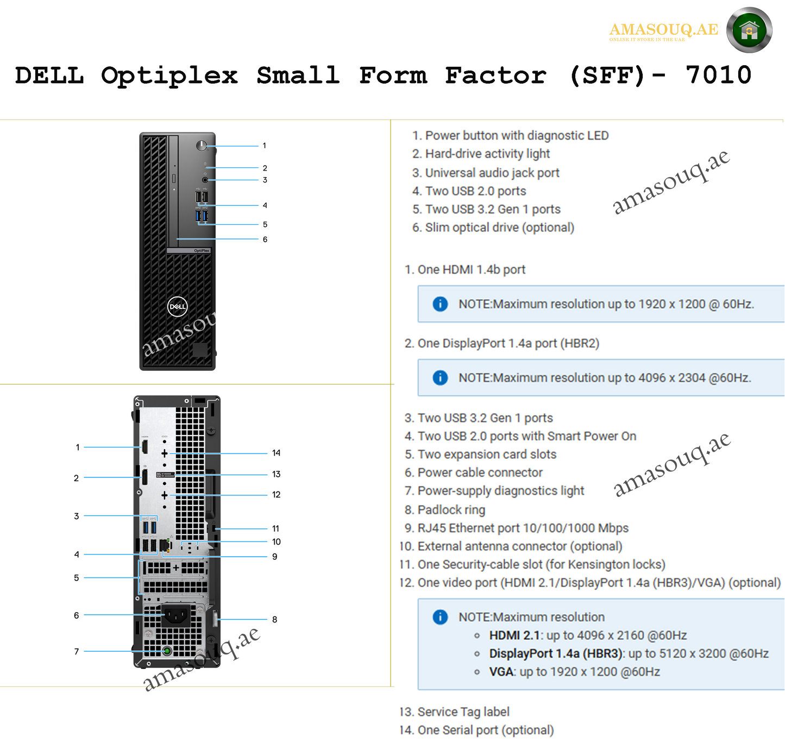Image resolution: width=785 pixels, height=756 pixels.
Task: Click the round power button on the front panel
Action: [202, 146]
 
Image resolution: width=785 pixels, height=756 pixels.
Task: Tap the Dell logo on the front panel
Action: [177, 306]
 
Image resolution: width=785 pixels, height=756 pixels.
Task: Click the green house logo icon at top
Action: [749, 30]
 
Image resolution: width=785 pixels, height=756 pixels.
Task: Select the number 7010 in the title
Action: [718, 75]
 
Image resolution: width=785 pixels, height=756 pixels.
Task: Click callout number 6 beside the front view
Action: [265, 240]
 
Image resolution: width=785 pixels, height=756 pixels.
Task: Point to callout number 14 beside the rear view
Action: [276, 453]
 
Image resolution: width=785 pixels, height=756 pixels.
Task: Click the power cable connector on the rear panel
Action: [177, 615]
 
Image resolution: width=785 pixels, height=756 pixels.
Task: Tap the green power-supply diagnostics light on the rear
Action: [167, 651]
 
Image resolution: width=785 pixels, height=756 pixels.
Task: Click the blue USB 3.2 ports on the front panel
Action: [202, 216]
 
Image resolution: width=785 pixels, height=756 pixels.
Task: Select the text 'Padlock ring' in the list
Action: [451, 510]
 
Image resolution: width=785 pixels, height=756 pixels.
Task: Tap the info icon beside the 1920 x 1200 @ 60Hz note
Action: [440, 304]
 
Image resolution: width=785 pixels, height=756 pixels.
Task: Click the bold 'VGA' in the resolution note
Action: [501, 672]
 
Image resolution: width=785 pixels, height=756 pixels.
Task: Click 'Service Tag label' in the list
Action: [463, 712]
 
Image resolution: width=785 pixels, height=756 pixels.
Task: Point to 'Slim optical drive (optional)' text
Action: [499, 228]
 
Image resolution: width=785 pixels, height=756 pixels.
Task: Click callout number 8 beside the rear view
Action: [274, 620]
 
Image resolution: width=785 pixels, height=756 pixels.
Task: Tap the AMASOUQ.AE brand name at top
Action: [663, 29]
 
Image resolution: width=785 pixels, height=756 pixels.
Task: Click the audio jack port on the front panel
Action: [205, 180]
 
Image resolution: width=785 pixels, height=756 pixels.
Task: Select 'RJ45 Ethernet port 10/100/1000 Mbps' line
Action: [523, 528]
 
